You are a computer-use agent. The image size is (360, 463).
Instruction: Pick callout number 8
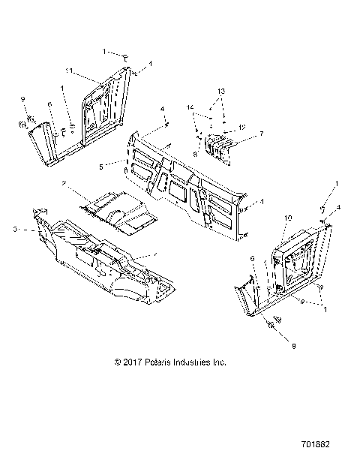point(195,154)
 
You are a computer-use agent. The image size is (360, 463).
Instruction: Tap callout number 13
point(219,89)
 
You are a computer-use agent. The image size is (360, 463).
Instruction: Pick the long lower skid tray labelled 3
point(97,259)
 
